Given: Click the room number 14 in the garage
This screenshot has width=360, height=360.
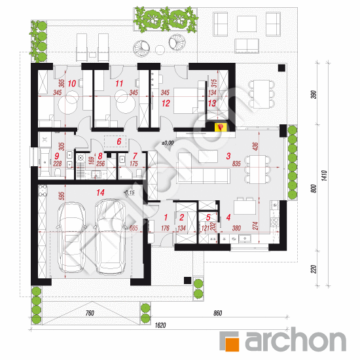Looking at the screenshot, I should tap(100, 192).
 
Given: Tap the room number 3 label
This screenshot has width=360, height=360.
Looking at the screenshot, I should tap(228, 156).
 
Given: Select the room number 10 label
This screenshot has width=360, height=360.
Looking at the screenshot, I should tap(72, 83).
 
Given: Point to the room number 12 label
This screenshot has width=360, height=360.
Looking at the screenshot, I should tap(166, 103).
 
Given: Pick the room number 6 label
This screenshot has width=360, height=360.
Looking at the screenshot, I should tap(118, 141).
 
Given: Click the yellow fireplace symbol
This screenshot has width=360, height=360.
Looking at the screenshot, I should tap(219, 126).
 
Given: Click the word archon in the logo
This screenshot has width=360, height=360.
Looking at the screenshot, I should tap(295, 340).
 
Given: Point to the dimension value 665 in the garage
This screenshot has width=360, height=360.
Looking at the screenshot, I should tap(134, 228).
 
